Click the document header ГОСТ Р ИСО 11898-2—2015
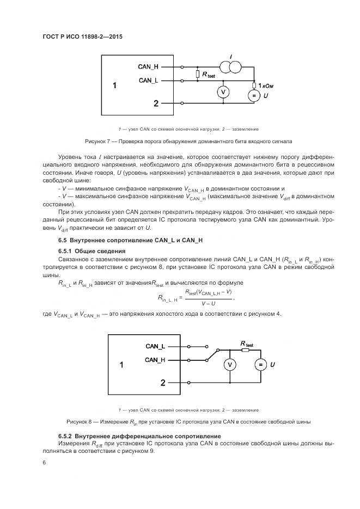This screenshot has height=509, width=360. coord(82,37)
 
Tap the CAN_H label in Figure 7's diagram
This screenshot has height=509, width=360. coord(148,66)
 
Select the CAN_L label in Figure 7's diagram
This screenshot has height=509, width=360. coord(148,80)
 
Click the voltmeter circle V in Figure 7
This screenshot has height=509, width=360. coord(222,93)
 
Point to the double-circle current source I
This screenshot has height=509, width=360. coord(231,66)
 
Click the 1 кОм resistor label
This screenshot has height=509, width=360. coord(267,85)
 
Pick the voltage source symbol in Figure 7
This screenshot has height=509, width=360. coord(254,96)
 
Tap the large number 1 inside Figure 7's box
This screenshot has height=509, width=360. coord(114,85)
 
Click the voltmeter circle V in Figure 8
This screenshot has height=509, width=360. coord(230,364)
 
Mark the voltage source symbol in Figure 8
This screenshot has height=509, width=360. coord(260,364)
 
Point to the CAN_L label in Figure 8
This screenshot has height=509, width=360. coord(155,346)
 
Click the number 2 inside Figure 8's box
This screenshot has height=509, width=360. coord(162,383)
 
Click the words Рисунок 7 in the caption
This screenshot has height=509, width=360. coord(98,141)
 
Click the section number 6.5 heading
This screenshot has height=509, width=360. coord(63,240)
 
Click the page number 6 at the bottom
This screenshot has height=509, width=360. coord(44,463)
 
